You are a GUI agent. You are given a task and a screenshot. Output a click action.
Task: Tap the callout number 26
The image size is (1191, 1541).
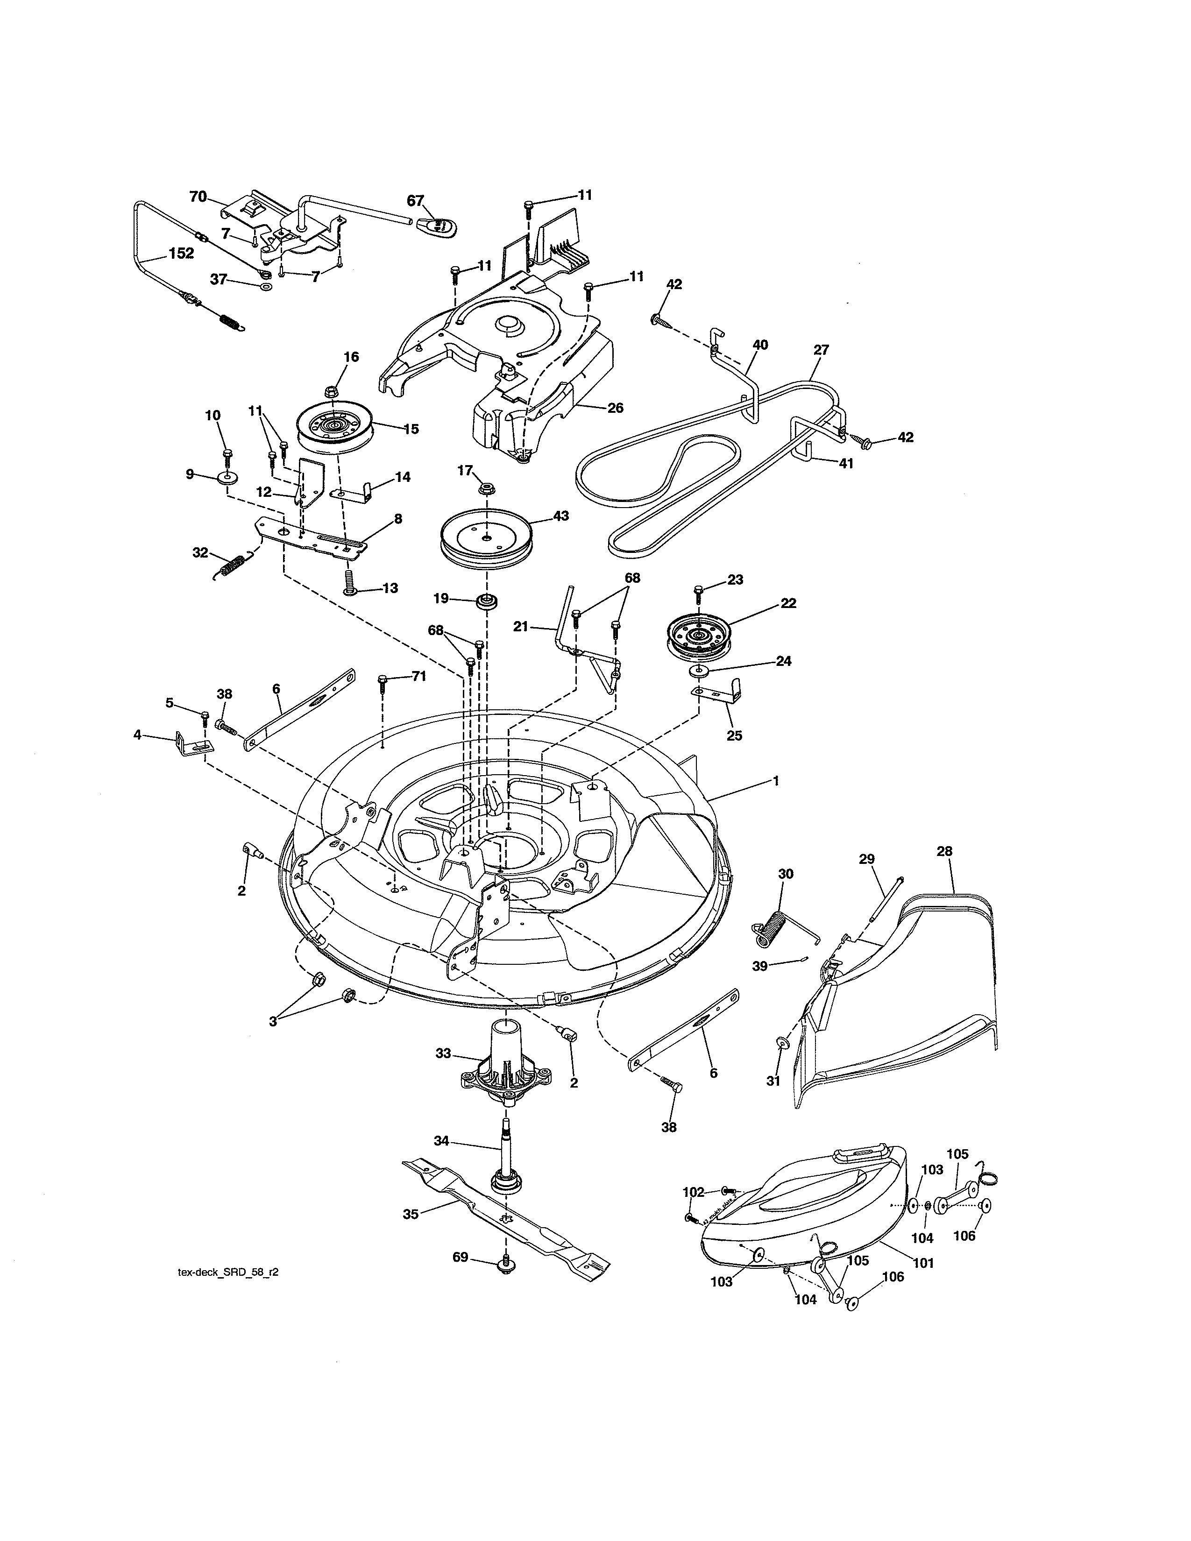(615, 408)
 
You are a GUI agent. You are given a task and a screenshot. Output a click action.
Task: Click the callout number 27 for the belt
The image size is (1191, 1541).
(821, 349)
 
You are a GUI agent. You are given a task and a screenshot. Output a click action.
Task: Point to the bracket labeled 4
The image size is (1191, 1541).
(191, 744)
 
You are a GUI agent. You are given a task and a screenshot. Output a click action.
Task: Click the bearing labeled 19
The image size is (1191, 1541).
(485, 602)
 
